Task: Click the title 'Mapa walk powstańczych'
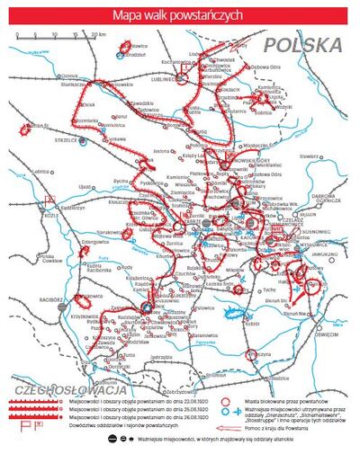pyautogui.click(x=179, y=15)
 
